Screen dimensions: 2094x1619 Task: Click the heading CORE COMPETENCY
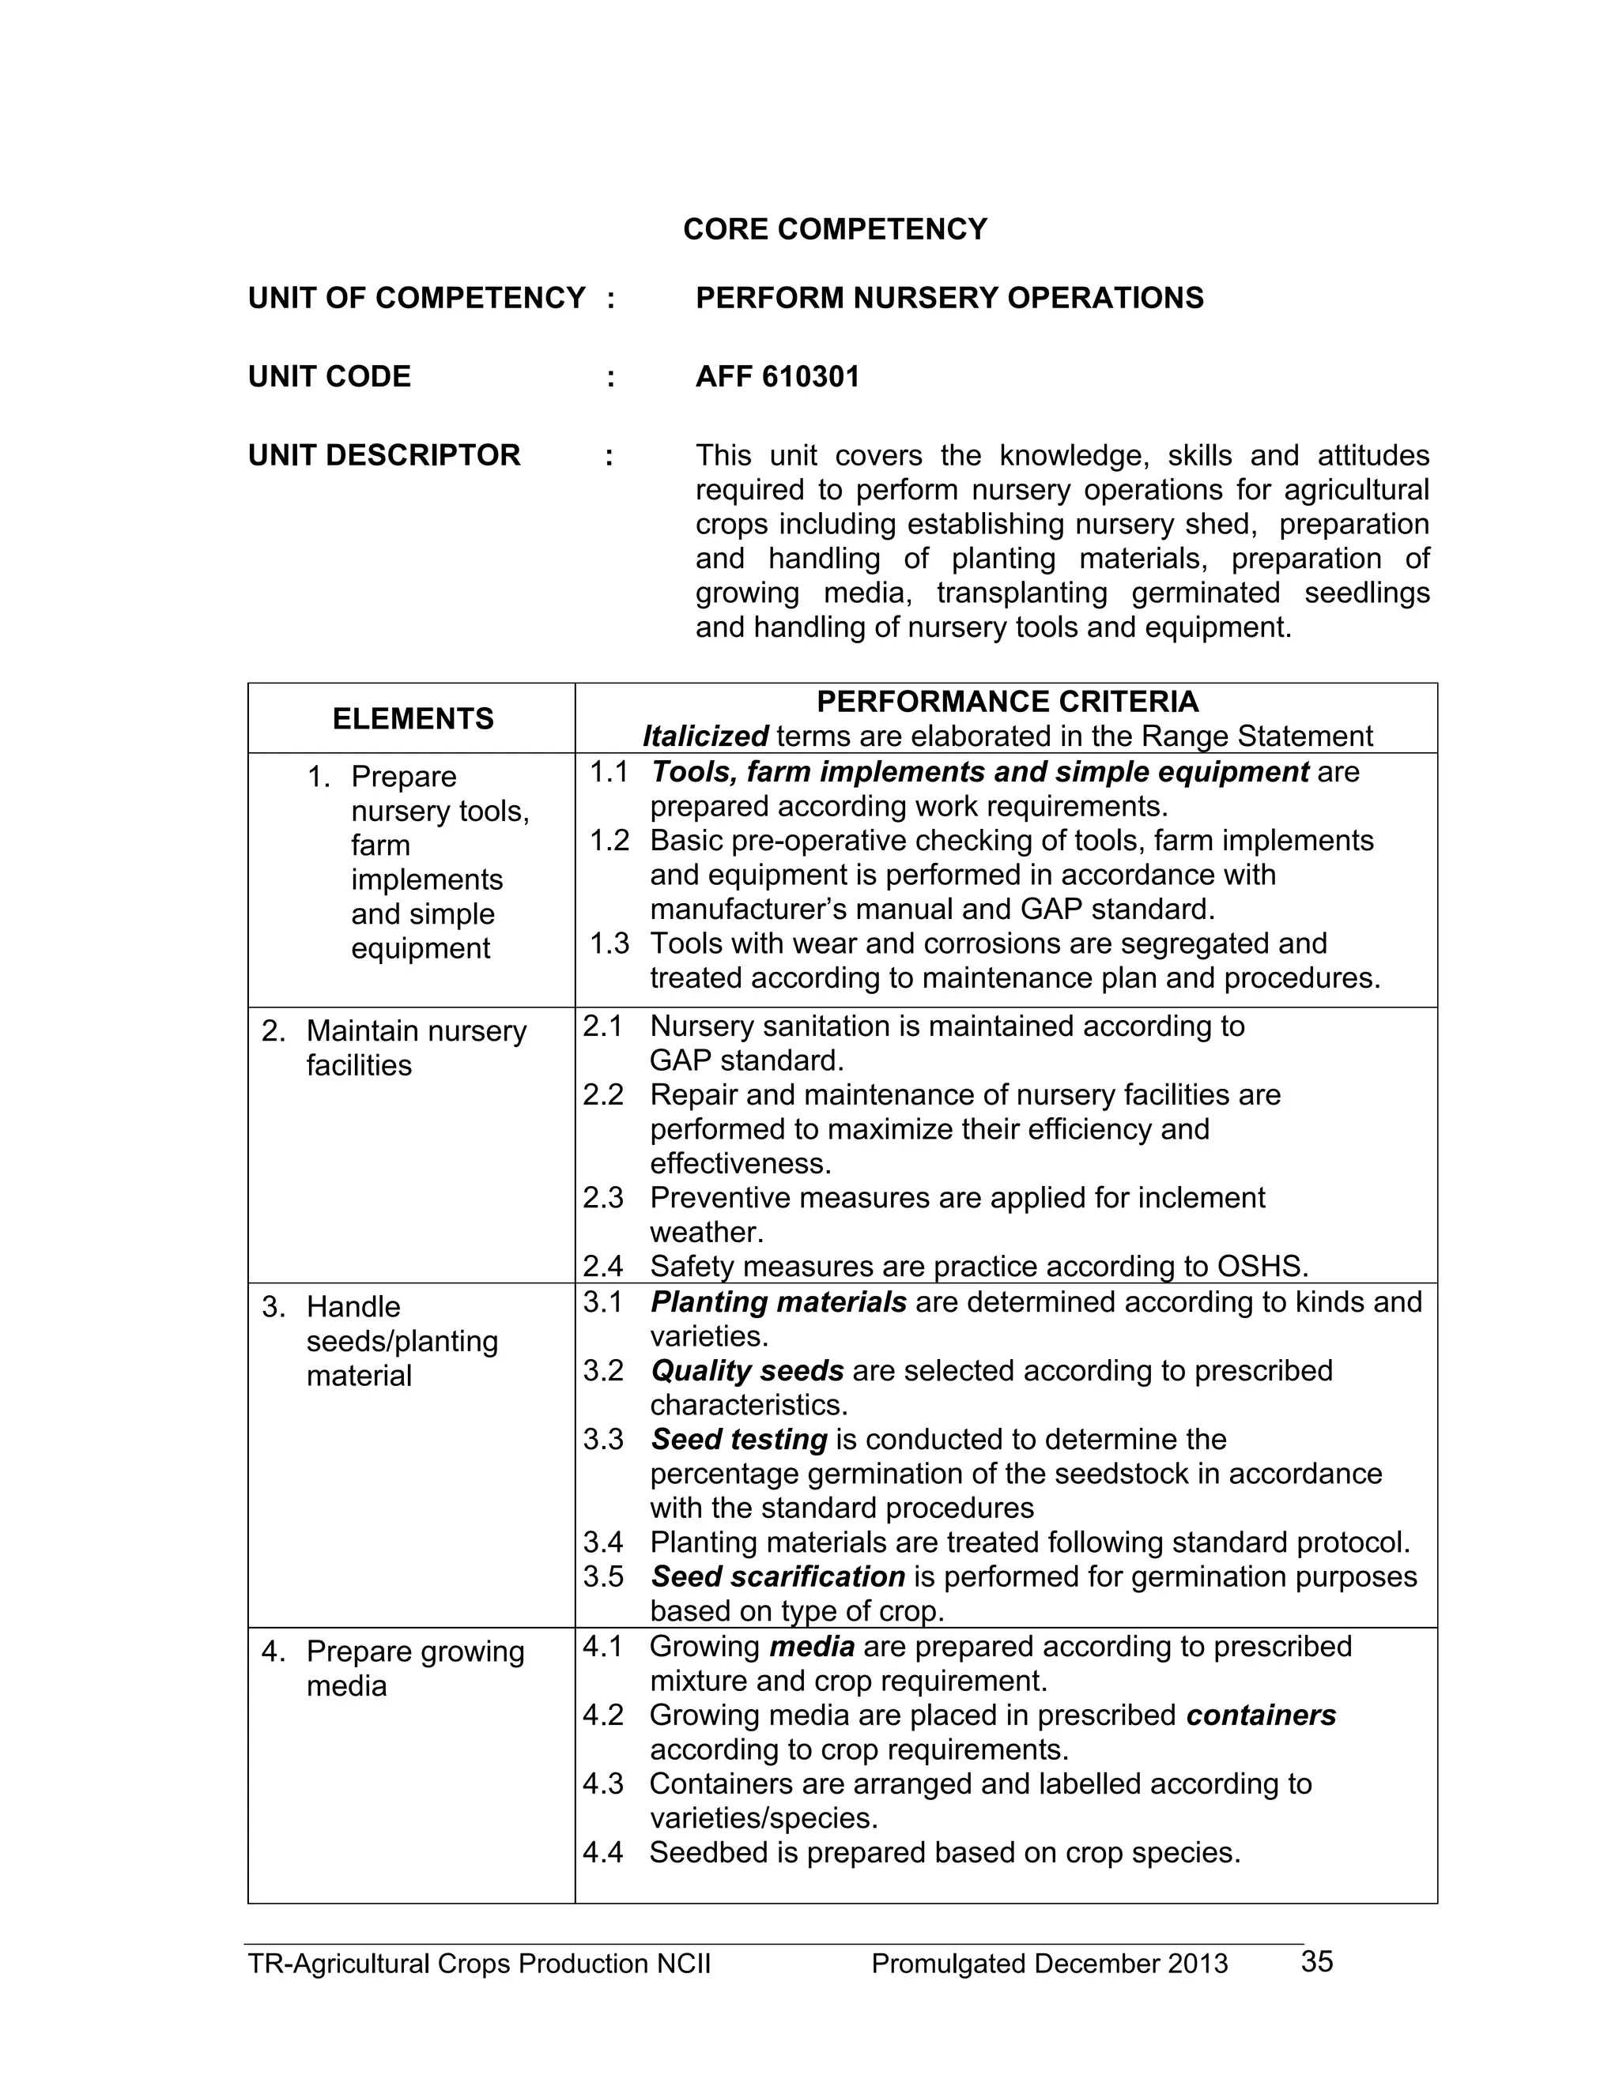[x=835, y=229]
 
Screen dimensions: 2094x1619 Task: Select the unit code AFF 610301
[x=777, y=377]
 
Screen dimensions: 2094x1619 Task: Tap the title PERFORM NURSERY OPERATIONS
[x=949, y=298]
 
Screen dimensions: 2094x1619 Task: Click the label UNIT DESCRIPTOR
[x=383, y=454]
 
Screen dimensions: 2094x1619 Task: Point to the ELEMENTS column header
[x=413, y=718]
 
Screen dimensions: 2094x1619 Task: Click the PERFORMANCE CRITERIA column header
[x=1007, y=702]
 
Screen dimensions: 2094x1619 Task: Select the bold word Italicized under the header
[x=705, y=736]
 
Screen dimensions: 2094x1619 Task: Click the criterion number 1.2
[x=609, y=841]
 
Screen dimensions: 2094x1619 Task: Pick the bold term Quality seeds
[x=747, y=1371]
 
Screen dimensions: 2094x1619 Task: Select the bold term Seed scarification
[x=778, y=1577]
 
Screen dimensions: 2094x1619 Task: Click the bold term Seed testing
[x=738, y=1439]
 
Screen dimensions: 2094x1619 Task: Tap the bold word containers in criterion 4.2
[x=1260, y=1715]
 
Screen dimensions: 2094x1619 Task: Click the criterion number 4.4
[x=602, y=1852]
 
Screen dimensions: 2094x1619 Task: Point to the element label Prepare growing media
[x=414, y=1669]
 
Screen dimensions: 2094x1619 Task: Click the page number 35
[x=1317, y=1962]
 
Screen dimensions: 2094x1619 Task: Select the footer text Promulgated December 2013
[x=1049, y=1964]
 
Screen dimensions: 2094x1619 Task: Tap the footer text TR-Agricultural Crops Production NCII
[x=480, y=1964]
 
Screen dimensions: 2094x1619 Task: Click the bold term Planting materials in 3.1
[x=778, y=1302]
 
